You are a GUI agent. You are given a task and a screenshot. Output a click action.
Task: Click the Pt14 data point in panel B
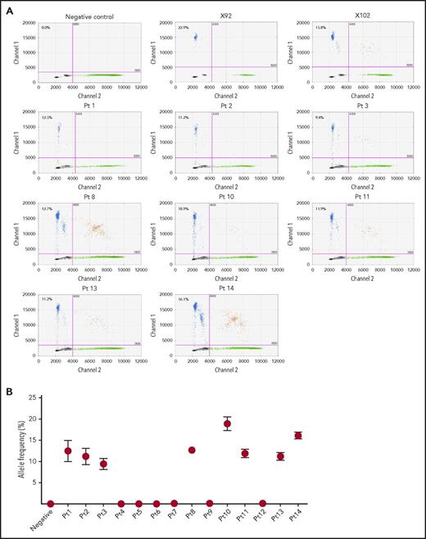coord(298,436)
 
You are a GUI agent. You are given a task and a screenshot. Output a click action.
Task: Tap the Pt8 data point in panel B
coord(192,450)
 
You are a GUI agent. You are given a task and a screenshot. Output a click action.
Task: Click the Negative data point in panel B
coord(50,504)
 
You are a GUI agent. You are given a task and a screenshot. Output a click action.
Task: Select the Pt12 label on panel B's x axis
coord(259,519)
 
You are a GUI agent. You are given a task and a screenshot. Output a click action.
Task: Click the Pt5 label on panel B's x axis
coord(137,518)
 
